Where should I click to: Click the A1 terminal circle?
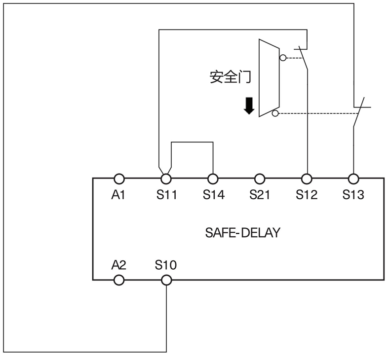coord(119,179)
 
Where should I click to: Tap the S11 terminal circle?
coord(166,179)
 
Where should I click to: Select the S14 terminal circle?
coord(213,179)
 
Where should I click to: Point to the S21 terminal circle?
coord(260,179)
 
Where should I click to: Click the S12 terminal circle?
coord(307,179)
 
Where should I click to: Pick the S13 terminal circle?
coord(353,179)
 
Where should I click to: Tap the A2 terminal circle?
coord(119,280)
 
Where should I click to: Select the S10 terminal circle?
coord(166,280)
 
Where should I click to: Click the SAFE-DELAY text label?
coord(242,232)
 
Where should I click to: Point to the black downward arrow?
coord(249,106)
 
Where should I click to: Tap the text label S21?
coord(260,195)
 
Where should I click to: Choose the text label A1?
coord(119,195)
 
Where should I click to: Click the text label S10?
coord(166,265)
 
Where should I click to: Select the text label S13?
coord(353,195)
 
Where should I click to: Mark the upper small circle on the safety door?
coord(282,57)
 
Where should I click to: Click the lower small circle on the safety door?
coord(275,113)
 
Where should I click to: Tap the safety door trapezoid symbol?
coord(269,78)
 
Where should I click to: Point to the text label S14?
coord(213,195)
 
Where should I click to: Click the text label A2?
coord(119,265)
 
